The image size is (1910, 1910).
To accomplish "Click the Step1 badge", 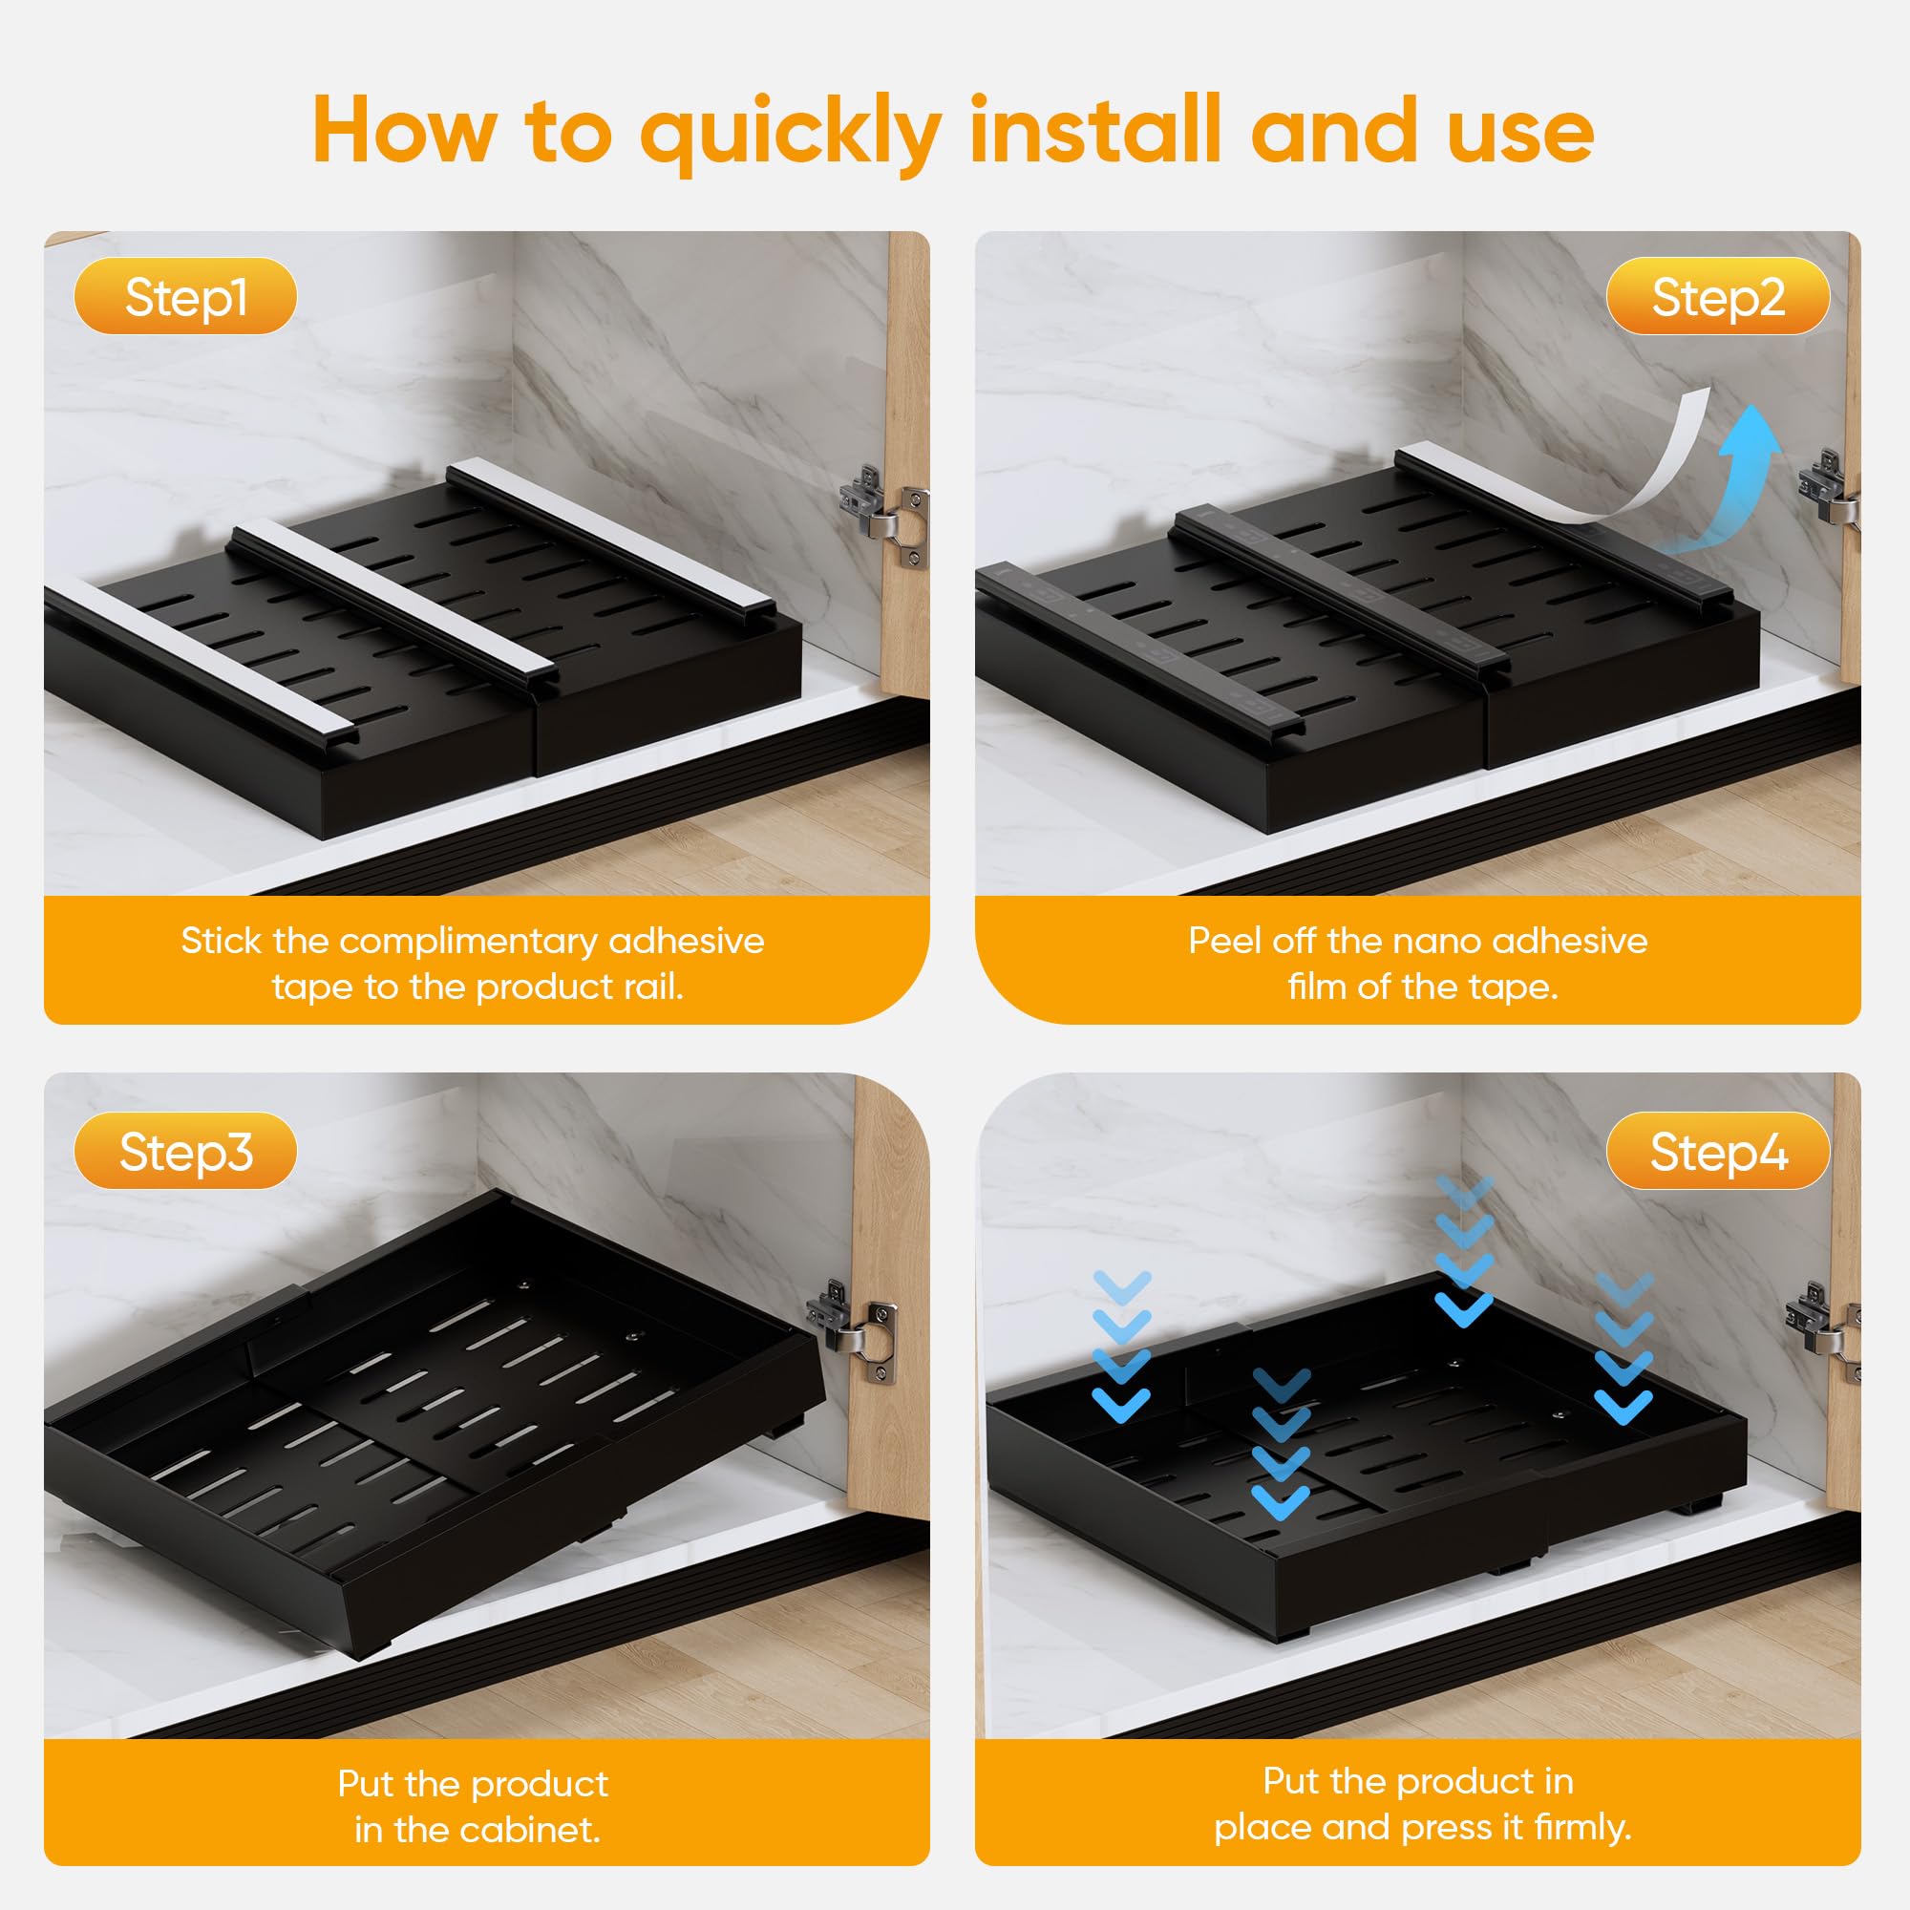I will (185, 297).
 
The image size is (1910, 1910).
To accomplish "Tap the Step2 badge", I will (1717, 297).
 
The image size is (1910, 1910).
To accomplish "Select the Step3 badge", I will (185, 1152).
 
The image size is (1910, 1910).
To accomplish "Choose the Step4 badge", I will (1717, 1152).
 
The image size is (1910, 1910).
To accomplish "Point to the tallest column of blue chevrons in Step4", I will (1463, 1251).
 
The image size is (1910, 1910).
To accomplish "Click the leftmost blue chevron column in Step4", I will (1123, 1346).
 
